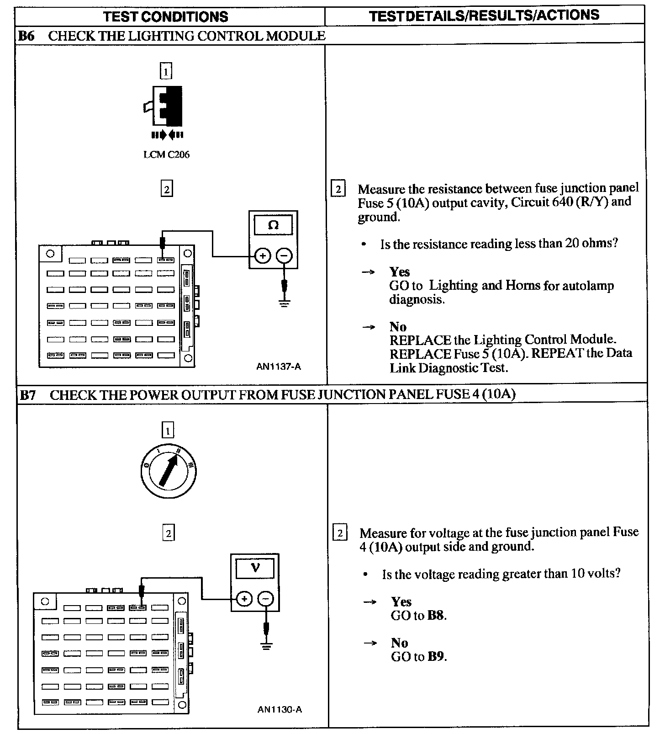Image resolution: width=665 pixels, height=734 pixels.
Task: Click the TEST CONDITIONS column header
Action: (x=165, y=17)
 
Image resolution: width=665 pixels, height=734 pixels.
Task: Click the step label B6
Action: (x=26, y=36)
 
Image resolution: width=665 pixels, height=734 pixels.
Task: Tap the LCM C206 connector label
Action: (x=166, y=154)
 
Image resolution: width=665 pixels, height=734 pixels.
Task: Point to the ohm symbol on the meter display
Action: (x=273, y=225)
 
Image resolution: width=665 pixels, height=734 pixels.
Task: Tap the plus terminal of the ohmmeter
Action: (x=262, y=255)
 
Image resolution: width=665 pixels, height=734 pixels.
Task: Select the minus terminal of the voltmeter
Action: (x=266, y=599)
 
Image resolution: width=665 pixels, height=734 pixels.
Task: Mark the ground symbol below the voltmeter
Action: (x=266, y=645)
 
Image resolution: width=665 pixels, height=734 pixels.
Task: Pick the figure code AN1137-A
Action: (x=279, y=367)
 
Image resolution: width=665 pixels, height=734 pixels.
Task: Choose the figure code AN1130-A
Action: (x=280, y=709)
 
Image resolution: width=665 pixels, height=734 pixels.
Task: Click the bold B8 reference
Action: (x=436, y=616)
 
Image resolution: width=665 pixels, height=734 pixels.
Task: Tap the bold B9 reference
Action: (x=436, y=657)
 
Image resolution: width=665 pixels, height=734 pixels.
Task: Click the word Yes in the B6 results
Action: (x=400, y=272)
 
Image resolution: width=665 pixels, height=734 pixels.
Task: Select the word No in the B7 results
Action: (x=399, y=643)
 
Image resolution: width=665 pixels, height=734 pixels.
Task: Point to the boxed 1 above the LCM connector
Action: (x=166, y=71)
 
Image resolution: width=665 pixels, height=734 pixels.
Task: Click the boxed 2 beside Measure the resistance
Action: (x=338, y=189)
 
